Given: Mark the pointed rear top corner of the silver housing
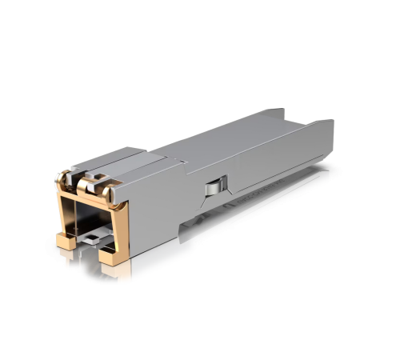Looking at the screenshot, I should pos(332,122).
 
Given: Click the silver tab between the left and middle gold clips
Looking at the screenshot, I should pos(74,173).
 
